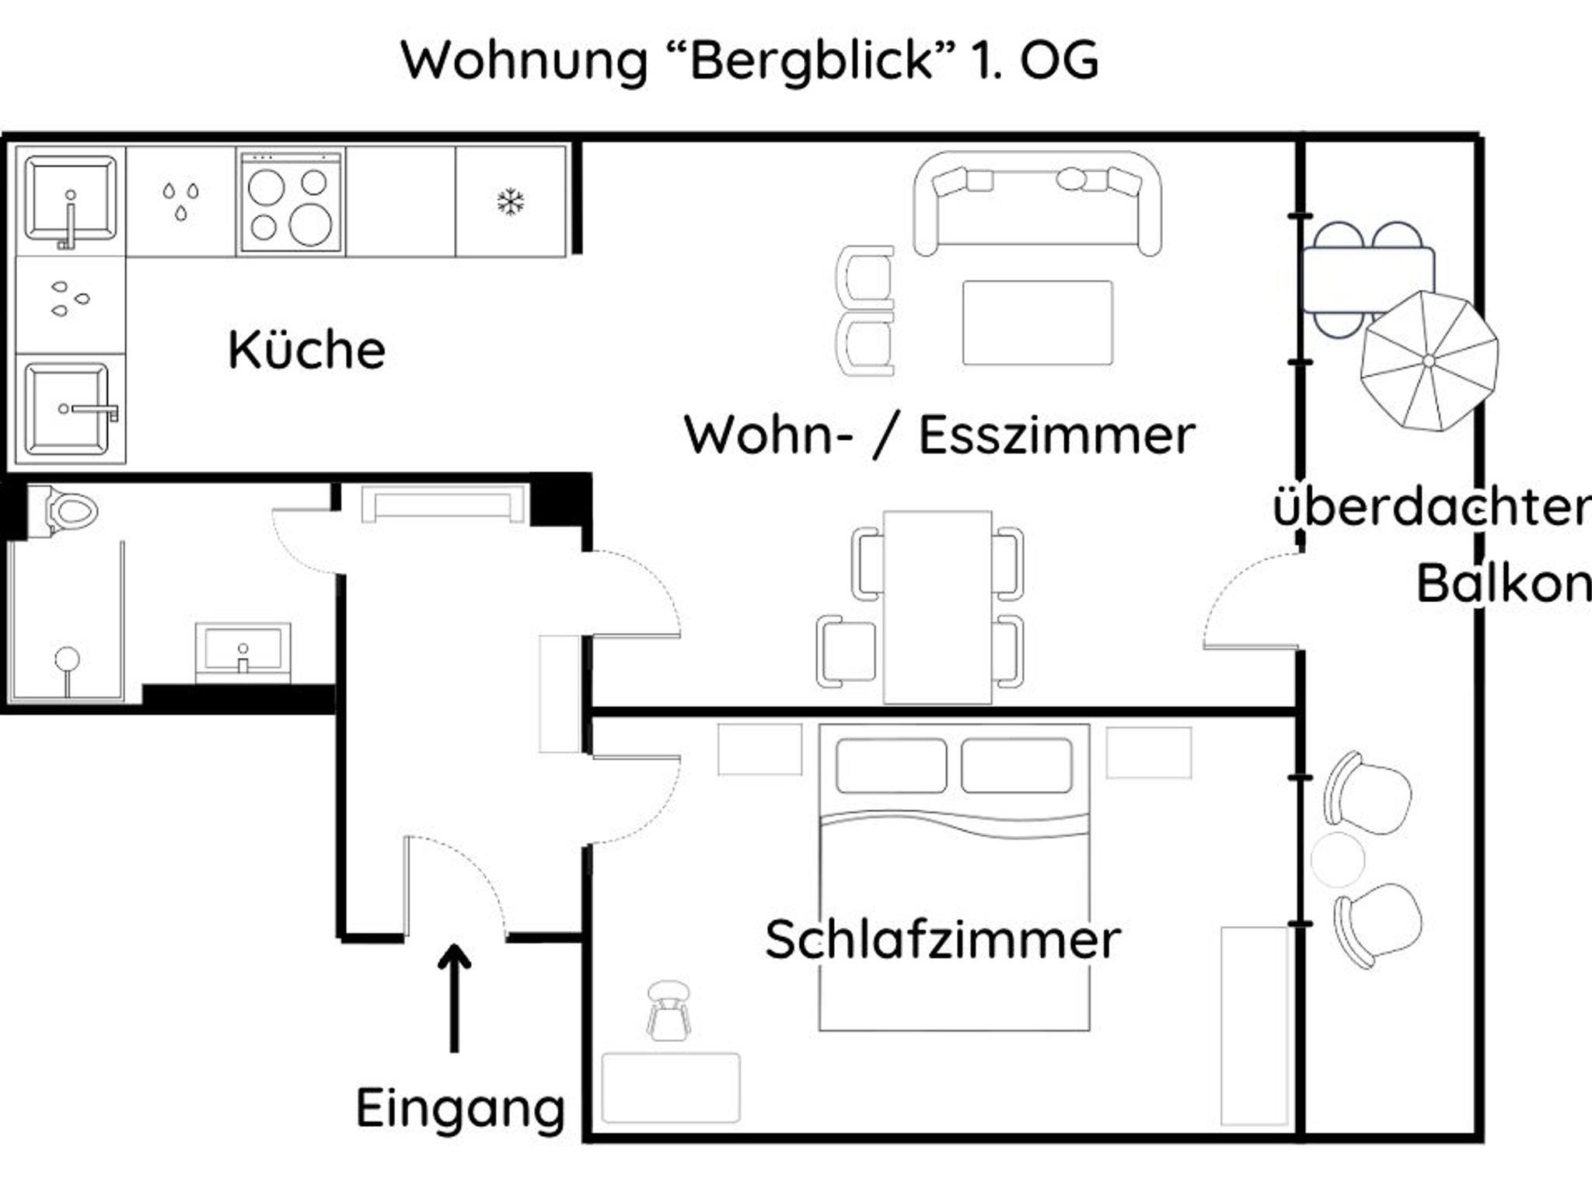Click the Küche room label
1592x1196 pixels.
(306, 351)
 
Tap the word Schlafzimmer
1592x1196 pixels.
(942, 940)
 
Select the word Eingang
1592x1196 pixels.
(460, 1109)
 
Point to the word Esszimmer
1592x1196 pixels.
(1056, 435)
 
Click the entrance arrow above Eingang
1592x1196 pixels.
(454, 995)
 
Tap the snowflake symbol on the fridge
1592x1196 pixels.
(511, 202)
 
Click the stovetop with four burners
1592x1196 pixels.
(291, 203)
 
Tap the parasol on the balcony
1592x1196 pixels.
(1429, 361)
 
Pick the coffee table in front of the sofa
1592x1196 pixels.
(1037, 323)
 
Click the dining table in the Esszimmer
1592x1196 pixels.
(937, 607)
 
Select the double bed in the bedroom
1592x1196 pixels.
(954, 879)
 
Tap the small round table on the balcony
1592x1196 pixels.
(1337, 859)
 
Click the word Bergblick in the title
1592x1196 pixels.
(811, 61)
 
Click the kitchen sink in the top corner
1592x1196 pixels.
(70, 201)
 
